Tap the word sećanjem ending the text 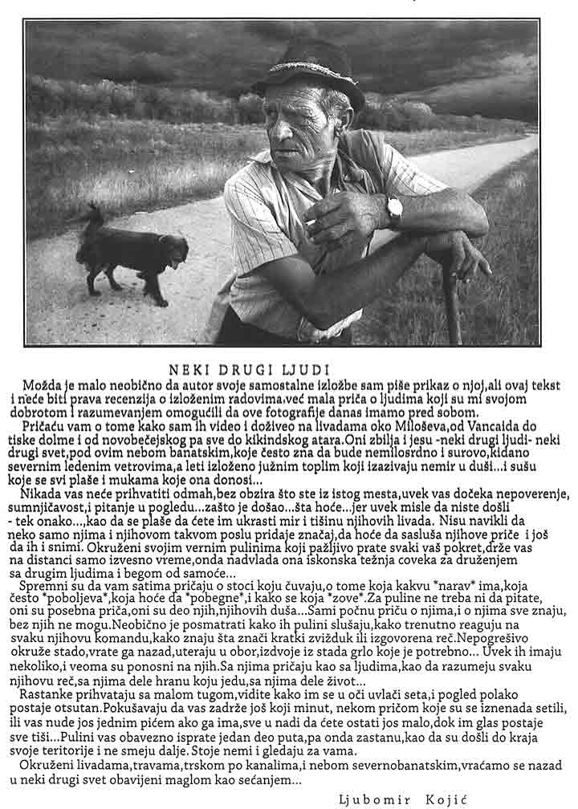[270, 778]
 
